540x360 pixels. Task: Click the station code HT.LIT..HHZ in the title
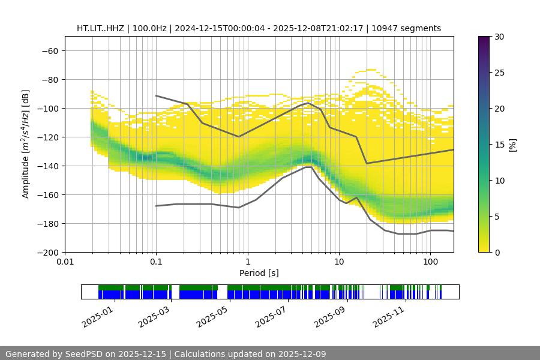pyautogui.click(x=103, y=28)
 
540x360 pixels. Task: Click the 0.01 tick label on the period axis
pyautogui.click(x=65, y=262)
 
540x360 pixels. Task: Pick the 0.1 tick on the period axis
pyautogui.click(x=156, y=262)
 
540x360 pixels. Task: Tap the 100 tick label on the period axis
pyautogui.click(x=430, y=262)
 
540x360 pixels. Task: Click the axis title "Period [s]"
pyautogui.click(x=259, y=273)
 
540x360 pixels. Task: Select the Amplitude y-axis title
pyautogui.click(x=26, y=144)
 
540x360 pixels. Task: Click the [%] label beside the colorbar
pyautogui.click(x=512, y=145)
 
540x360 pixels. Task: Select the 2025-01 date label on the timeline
pyautogui.click(x=96, y=316)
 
